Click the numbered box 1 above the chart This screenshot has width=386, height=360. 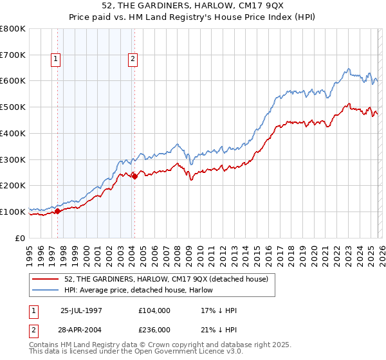click(x=56, y=60)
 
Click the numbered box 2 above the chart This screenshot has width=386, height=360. click(x=133, y=60)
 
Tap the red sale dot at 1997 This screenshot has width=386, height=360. click(x=58, y=210)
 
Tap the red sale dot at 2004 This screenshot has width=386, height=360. click(x=134, y=176)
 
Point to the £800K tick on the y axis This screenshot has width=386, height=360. click(x=13, y=29)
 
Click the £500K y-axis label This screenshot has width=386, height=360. click(x=13, y=107)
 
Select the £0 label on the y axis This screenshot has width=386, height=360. click(x=19, y=238)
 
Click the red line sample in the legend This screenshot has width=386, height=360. click(x=46, y=278)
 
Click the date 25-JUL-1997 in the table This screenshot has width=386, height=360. click(x=82, y=310)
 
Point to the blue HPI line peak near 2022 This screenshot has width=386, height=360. click(x=347, y=69)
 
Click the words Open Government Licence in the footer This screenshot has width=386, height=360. click(x=191, y=352)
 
